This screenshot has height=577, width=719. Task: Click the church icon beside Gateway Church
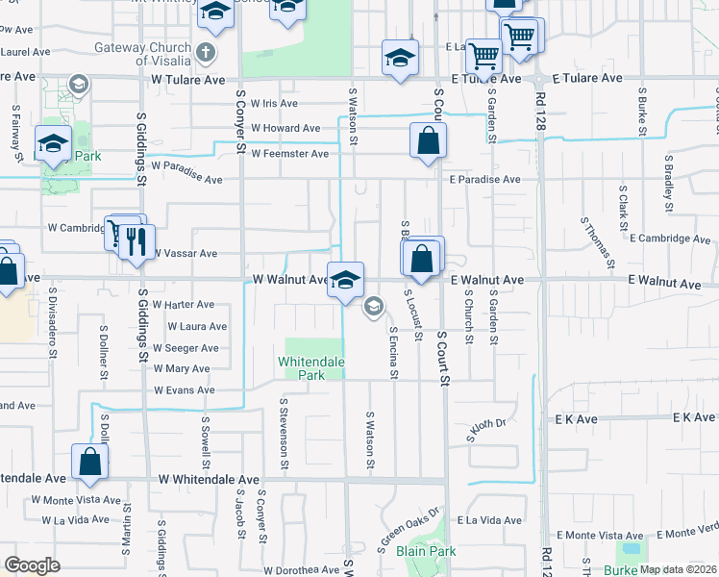point(206,49)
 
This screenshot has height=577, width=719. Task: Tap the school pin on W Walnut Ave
point(346,280)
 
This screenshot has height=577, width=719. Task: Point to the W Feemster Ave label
point(289,154)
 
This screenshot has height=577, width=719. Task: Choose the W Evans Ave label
point(185,390)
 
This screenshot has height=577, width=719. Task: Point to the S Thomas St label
point(596,241)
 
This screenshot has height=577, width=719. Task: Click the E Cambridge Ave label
point(668,238)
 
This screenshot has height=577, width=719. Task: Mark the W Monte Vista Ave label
point(76,500)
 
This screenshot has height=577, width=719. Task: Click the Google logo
point(32,565)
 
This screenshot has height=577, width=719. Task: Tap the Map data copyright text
point(679,569)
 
